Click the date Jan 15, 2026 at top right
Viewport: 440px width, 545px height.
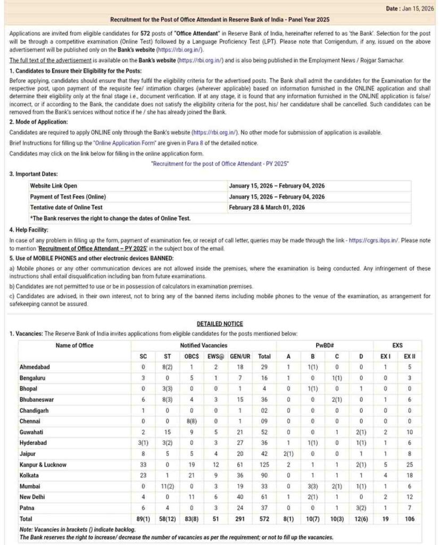(417, 8)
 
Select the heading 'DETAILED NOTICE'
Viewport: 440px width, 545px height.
(220, 324)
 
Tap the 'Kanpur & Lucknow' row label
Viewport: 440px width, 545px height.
(43, 465)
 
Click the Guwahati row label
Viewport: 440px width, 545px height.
(33, 432)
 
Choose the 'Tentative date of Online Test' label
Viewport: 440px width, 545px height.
(67, 207)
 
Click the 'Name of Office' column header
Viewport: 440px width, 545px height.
(74, 345)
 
